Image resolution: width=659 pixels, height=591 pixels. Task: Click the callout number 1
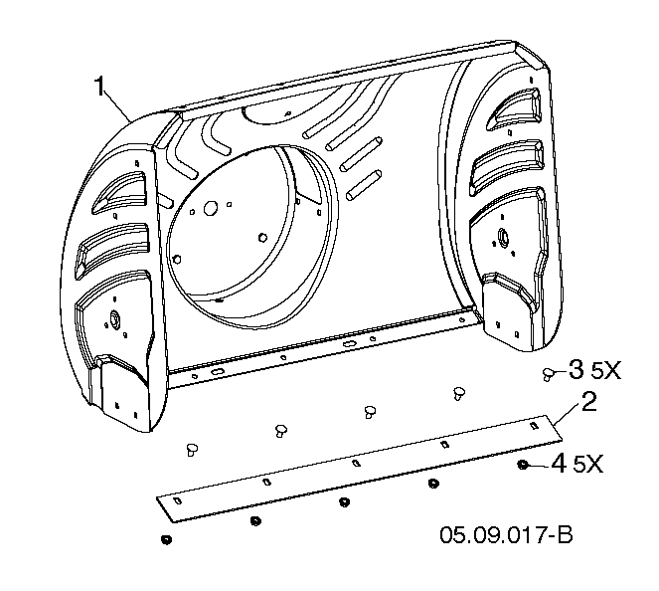98,87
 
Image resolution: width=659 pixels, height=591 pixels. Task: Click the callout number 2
588,401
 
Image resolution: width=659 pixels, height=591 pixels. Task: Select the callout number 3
576,369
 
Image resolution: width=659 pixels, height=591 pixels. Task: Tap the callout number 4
559,465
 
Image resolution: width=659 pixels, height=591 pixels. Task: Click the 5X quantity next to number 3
605,370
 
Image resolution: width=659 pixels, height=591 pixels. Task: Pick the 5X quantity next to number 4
588,465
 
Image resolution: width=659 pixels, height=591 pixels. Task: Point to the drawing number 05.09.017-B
506,535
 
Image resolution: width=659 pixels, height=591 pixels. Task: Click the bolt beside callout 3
547,374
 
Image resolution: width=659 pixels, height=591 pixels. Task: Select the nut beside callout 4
523,465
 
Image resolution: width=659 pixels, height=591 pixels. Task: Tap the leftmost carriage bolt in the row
192,450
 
